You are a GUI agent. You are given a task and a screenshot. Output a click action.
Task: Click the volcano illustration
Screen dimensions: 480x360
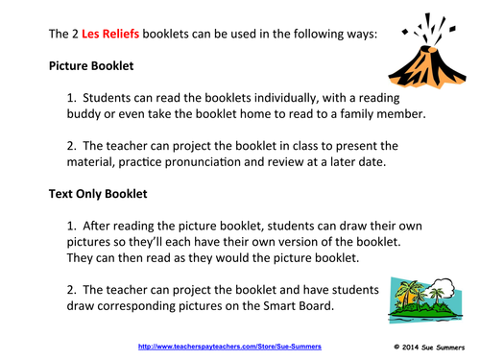click(426, 62)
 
